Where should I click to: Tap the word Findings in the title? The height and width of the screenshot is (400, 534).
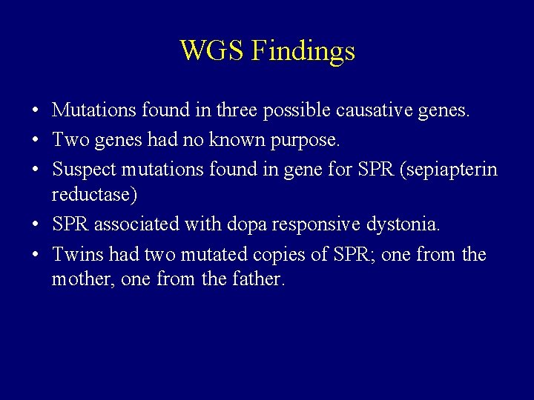pyautogui.click(x=303, y=52)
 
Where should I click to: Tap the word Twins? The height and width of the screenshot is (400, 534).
pyautogui.click(x=77, y=254)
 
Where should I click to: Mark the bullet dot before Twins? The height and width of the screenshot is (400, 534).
pyautogui.click(x=36, y=255)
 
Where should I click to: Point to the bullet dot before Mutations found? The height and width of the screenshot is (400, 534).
pyautogui.click(x=36, y=111)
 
